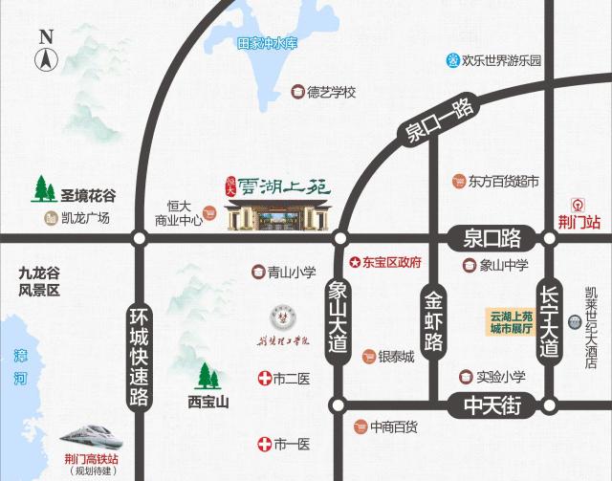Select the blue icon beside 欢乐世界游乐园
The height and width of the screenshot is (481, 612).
pos(452,59)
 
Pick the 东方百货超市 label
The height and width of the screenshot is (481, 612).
pos(505,180)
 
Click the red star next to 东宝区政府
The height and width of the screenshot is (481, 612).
pos(354,261)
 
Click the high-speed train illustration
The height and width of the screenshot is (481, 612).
pos(94,436)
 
